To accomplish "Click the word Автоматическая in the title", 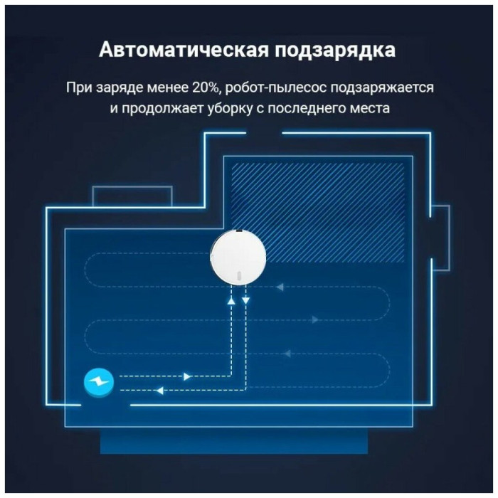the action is click(184, 50).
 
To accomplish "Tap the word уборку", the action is click(231, 109).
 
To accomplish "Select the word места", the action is click(370, 109).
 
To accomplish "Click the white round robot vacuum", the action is click(238, 258).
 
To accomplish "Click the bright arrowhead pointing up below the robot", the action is click(231, 300).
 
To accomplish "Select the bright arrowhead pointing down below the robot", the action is click(246, 300).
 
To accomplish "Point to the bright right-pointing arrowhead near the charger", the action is click(187, 376).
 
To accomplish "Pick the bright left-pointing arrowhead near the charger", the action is click(160, 391).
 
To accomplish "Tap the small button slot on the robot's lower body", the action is click(239, 275).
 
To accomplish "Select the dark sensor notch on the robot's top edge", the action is click(239, 231).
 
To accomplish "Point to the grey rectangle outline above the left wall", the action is click(132, 187).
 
